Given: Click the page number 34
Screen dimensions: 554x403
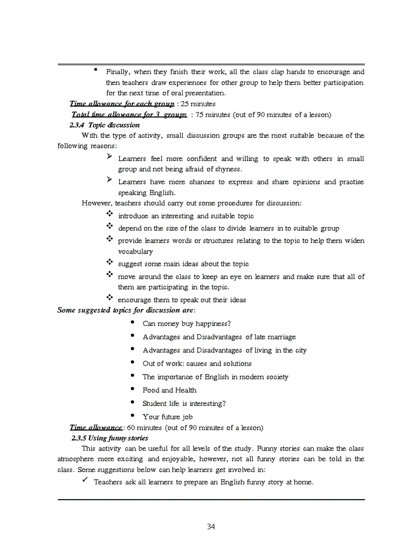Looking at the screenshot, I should click(211, 526).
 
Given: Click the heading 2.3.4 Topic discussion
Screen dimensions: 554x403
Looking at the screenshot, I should click(105, 125).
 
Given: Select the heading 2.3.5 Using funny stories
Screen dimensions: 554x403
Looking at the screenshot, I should click(110, 438).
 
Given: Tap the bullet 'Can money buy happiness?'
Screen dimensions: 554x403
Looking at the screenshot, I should click(187, 324).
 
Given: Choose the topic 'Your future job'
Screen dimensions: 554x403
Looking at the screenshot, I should click(167, 417).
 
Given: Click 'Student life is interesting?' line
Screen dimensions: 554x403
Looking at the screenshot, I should click(184, 404).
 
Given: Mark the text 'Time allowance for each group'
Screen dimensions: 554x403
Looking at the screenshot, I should click(121, 104).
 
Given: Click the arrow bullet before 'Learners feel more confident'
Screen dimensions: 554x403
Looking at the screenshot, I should click(110, 157).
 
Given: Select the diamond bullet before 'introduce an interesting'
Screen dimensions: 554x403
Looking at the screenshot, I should click(110, 214).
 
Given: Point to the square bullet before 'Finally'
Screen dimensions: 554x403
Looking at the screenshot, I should click(95, 70).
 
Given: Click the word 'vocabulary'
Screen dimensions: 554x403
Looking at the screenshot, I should click(135, 252).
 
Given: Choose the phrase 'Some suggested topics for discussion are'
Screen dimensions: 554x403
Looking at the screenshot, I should click(125, 310).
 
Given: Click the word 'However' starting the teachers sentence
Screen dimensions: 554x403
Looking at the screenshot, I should click(97, 203).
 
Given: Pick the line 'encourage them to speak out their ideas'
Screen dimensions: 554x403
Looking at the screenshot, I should click(182, 300).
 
